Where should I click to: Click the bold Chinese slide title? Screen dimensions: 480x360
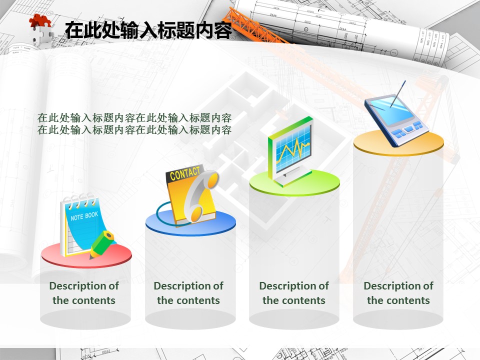[x=149, y=30]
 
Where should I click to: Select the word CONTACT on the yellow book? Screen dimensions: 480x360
[x=185, y=173]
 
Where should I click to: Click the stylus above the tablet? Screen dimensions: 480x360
[x=398, y=93]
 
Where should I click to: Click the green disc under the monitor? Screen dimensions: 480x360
[x=294, y=183]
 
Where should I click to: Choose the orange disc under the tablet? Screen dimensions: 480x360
[x=398, y=143]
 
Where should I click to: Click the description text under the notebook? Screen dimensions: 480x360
[x=84, y=293]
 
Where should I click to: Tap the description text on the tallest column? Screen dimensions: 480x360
[x=398, y=293]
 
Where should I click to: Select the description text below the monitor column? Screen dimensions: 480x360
[x=294, y=293]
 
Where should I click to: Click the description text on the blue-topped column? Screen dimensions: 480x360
[x=188, y=293]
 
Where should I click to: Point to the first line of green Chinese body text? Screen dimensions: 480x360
[x=134, y=117]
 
